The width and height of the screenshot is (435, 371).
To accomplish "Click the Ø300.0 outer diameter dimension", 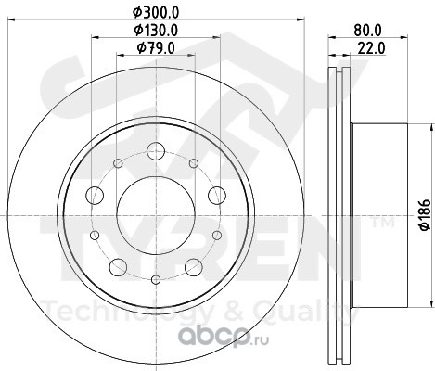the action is tap(156, 12).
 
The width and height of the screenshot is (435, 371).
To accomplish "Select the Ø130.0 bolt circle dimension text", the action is tap(156, 31).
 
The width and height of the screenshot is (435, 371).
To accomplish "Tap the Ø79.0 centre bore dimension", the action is tap(156, 48).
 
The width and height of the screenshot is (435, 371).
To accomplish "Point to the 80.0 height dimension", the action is tap(368, 31).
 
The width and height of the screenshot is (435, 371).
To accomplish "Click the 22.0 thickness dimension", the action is tap(371, 48).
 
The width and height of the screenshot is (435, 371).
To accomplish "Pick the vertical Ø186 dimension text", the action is tap(425, 215).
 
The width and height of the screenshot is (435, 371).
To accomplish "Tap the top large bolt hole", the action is tap(156, 151).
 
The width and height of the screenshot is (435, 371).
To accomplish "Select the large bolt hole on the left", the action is tap(95, 196).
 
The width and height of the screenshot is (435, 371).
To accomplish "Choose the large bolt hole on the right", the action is tap(217, 196).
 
